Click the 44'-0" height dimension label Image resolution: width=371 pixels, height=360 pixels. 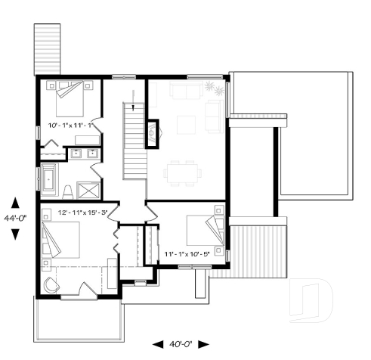tap(14, 218)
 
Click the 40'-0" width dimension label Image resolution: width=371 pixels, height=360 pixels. tap(181, 344)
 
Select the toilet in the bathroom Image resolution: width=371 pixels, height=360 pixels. tap(68, 189)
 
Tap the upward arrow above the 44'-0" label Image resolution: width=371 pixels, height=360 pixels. tap(14, 203)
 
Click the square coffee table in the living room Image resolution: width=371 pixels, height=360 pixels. tap(185, 121)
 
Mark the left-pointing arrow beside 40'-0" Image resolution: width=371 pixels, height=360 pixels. tap(157, 344)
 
